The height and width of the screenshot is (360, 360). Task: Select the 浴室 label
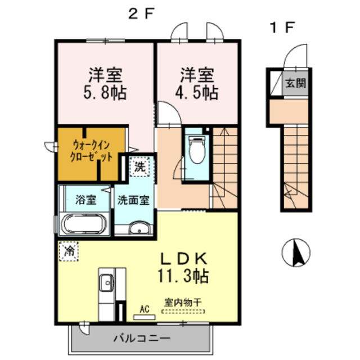tap(85, 199)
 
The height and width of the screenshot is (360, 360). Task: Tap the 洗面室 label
tap(133, 200)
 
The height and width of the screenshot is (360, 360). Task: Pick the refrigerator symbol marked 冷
tap(69, 250)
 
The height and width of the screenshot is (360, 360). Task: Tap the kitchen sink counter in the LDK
tap(106, 287)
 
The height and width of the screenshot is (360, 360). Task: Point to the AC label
tap(145, 309)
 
